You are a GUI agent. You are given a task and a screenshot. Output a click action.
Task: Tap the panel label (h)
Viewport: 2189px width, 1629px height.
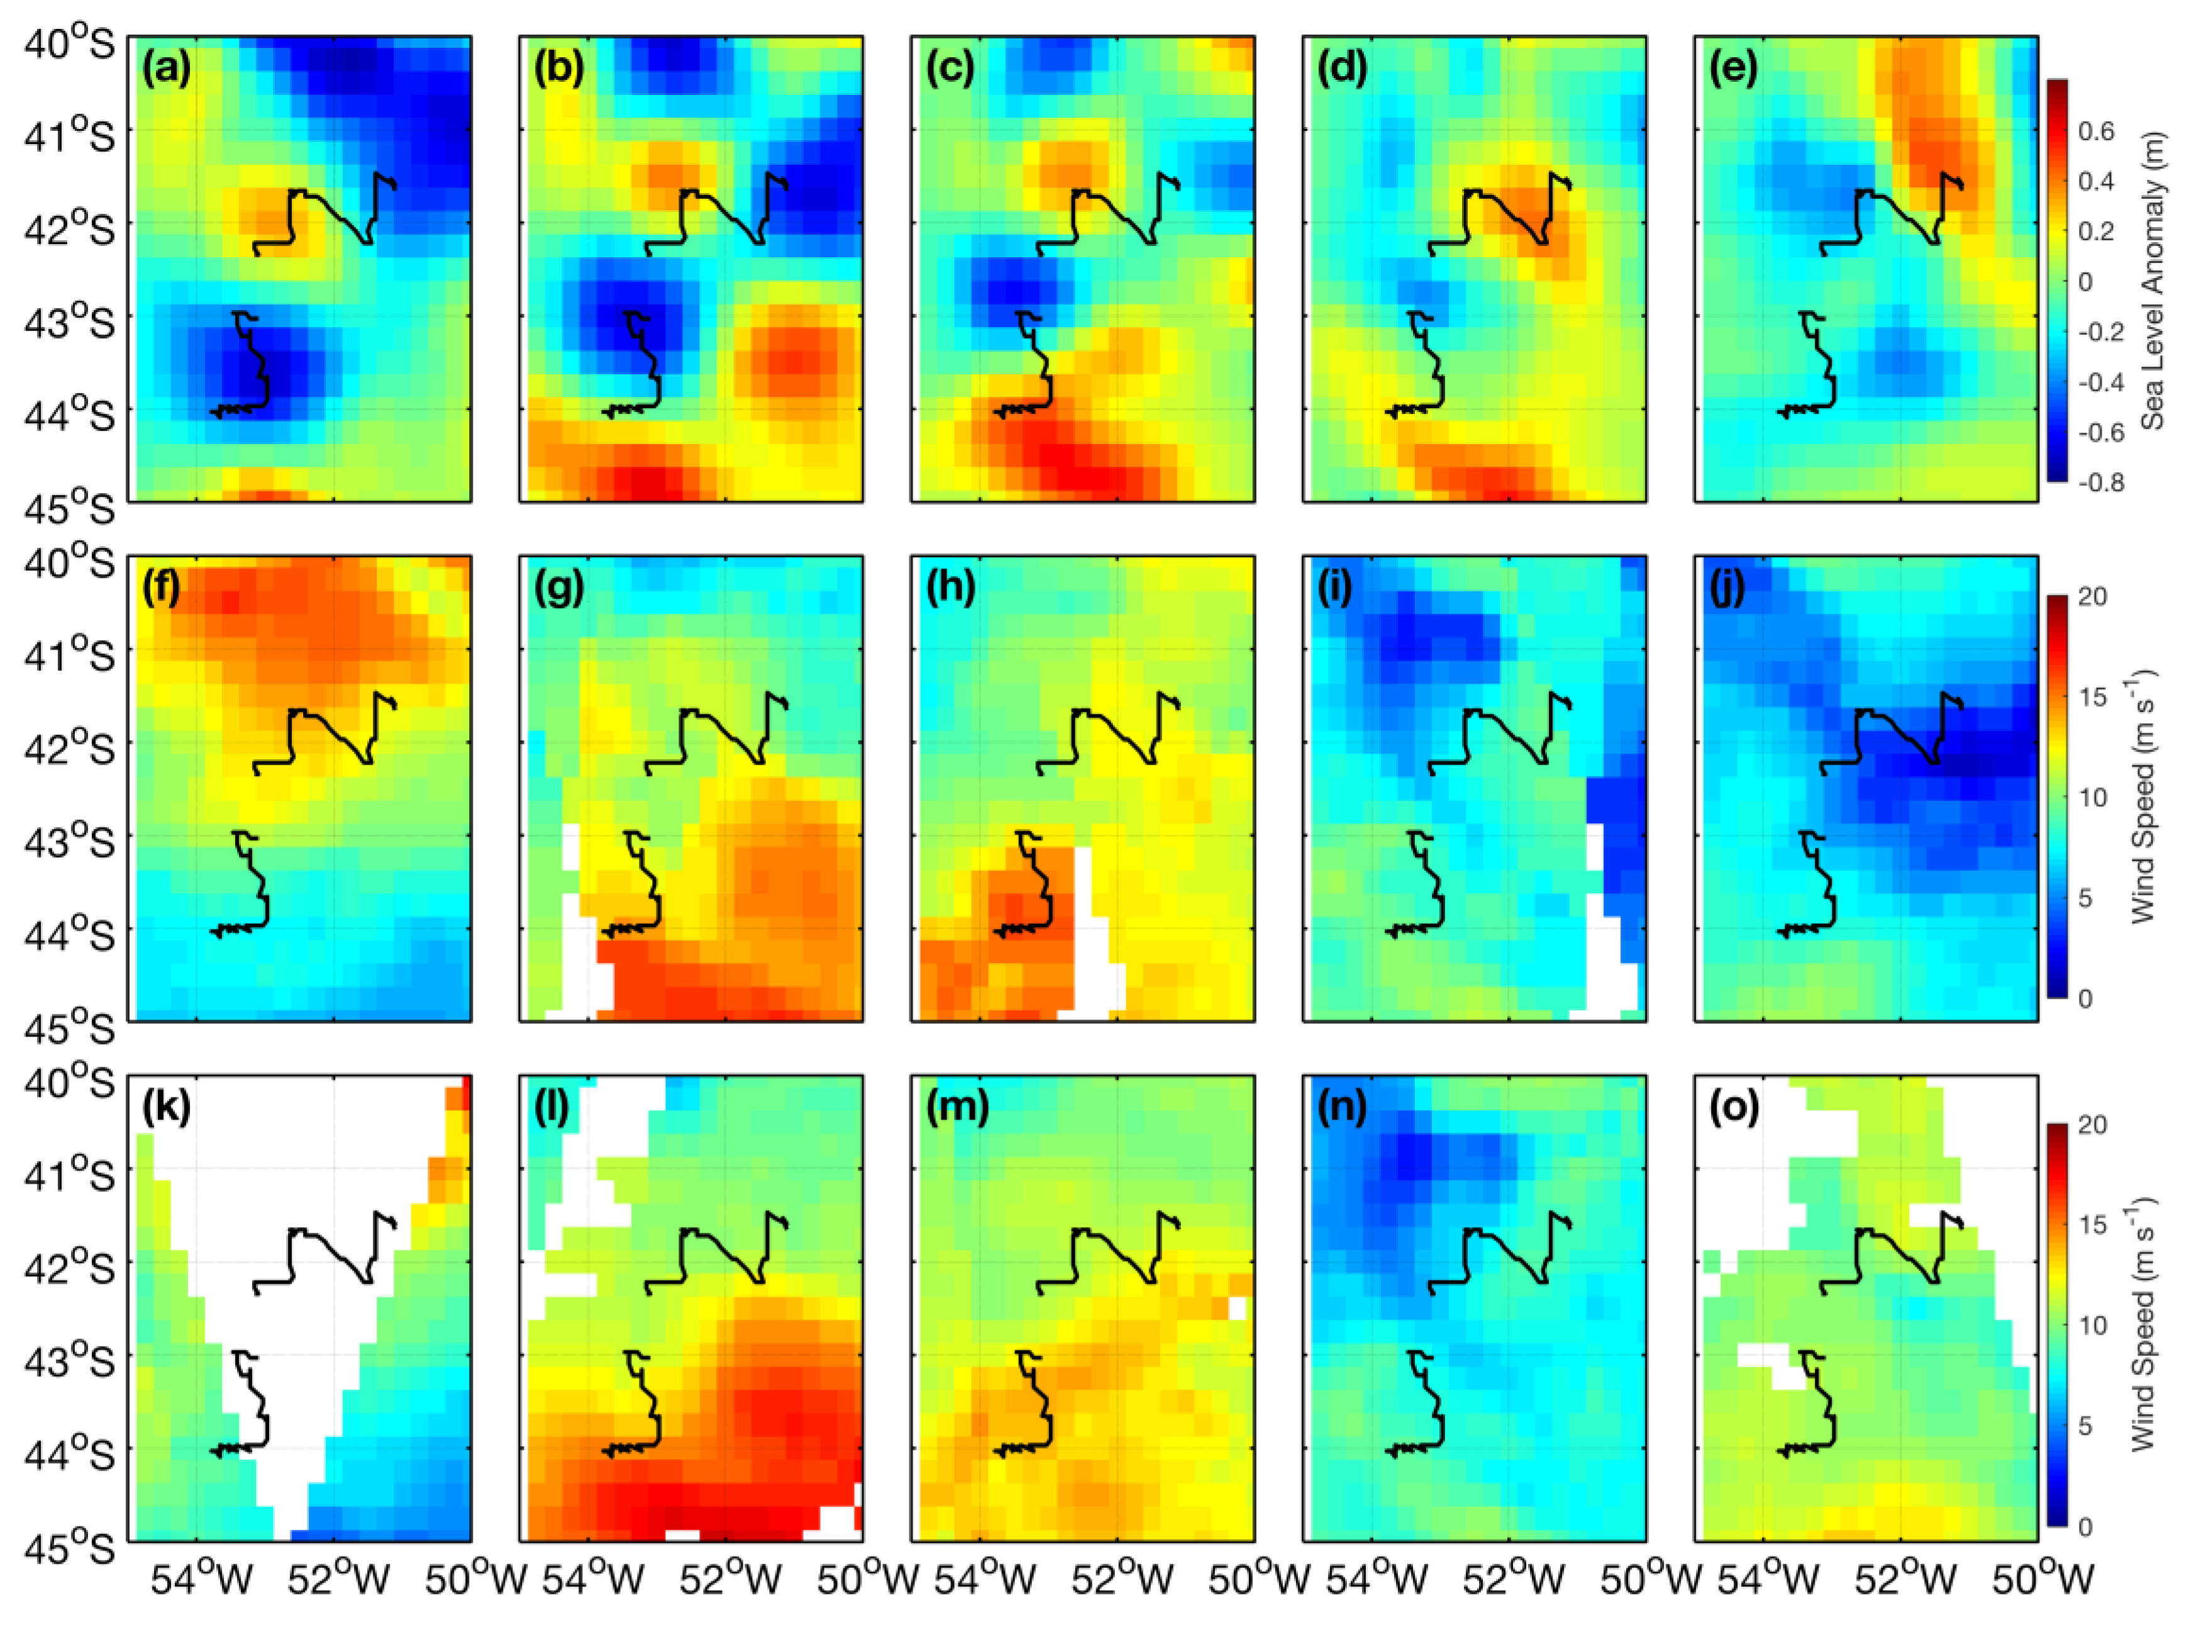point(951,589)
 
